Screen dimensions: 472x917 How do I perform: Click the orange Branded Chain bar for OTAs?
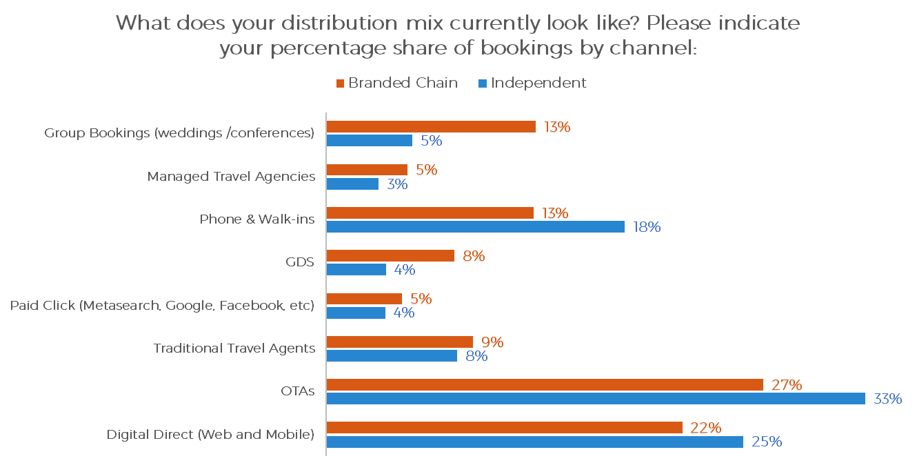pos(545,384)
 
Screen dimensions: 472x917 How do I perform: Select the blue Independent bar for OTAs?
pos(596,398)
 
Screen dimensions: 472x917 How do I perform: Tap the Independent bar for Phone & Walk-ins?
pos(475,226)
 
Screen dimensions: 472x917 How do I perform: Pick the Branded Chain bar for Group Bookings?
pos(431,126)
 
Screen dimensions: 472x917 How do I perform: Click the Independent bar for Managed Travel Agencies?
pos(352,184)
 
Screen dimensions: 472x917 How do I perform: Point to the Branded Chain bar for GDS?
pos(390,255)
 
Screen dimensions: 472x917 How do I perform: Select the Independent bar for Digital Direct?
pos(534,442)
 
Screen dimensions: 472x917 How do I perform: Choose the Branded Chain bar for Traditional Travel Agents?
pos(399,342)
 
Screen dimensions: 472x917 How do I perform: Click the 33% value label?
pos(887,399)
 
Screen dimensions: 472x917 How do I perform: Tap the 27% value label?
pos(787,385)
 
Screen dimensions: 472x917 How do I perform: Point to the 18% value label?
pos(646,227)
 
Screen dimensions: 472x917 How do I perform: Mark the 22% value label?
pos(706,428)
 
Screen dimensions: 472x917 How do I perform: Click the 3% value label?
pos(397,184)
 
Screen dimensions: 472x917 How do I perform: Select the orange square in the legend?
pos(340,83)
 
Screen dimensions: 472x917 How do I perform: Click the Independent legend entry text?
pos(538,83)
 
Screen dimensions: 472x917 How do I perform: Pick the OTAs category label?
pos(299,391)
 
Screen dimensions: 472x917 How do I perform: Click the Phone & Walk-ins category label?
pos(257,219)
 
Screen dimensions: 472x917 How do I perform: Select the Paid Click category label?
pos(163,305)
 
